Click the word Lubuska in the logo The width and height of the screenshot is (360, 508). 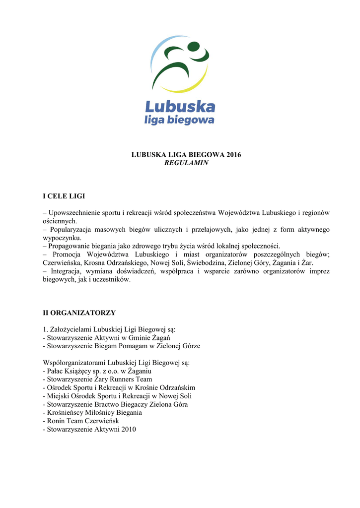pos(180,106)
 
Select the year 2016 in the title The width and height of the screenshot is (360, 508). pos(233,155)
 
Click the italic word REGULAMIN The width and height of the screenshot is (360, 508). pos(186,163)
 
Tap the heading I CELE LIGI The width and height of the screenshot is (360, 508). pos(67,196)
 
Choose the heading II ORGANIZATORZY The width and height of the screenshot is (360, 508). pos(79,313)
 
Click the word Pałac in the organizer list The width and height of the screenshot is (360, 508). pos(55,371)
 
